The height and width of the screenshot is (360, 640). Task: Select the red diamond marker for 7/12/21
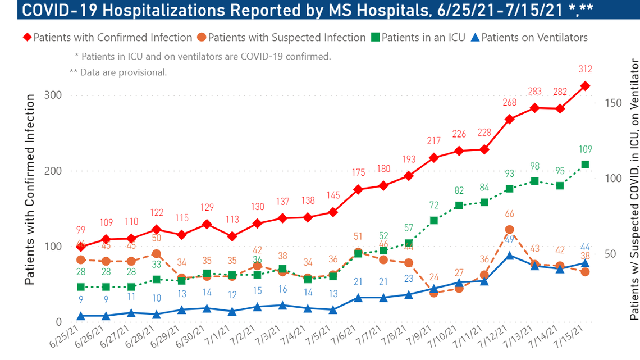click(x=509, y=119)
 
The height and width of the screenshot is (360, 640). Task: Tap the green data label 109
click(x=584, y=149)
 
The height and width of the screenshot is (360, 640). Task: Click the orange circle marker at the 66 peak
click(x=509, y=230)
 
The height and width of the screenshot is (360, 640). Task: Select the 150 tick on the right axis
click(x=614, y=103)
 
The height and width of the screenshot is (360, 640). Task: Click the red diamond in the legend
click(x=26, y=38)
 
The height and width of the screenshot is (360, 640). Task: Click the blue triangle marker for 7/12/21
click(x=509, y=256)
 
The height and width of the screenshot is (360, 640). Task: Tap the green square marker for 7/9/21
click(x=434, y=221)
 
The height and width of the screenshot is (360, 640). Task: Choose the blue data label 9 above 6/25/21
click(x=81, y=299)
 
